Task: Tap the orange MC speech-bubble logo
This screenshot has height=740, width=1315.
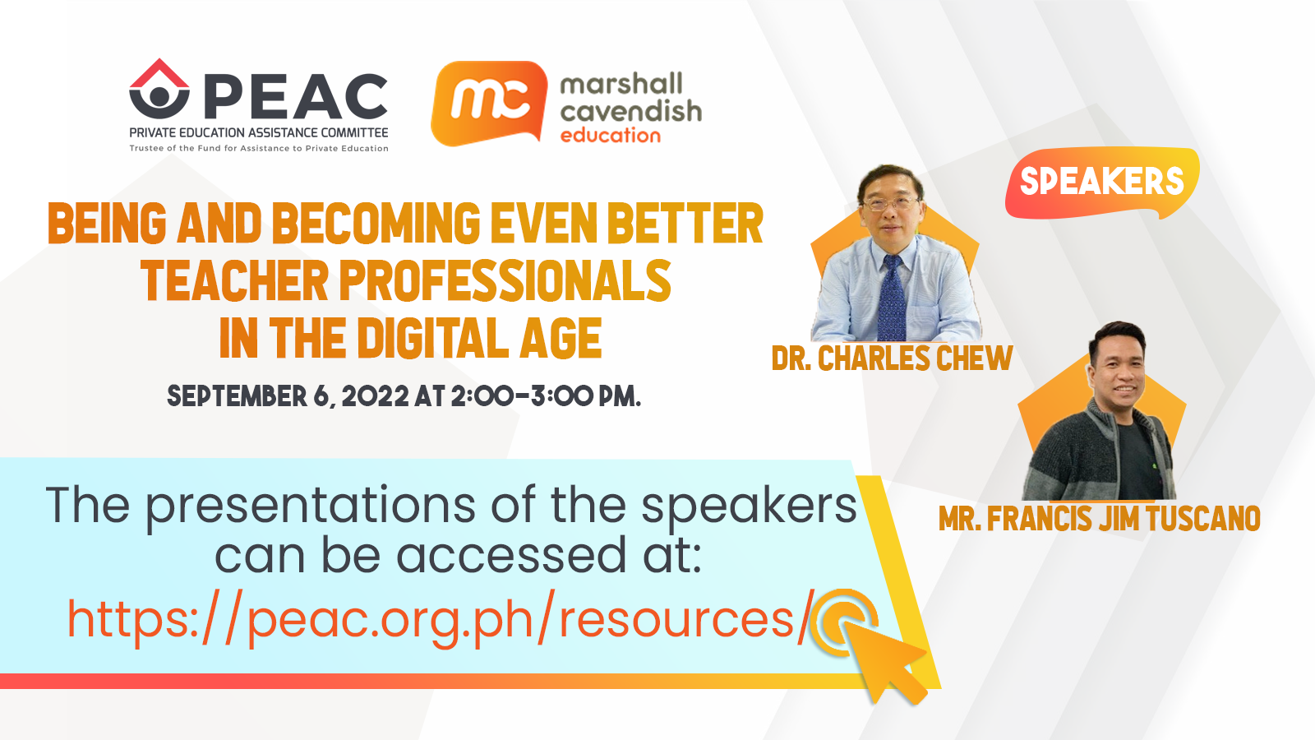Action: pyautogui.click(x=489, y=104)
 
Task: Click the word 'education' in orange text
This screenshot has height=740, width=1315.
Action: pyautogui.click(x=611, y=136)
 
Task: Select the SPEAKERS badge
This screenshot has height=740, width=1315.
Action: pyautogui.click(x=1102, y=182)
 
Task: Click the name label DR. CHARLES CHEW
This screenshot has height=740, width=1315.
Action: pyautogui.click(x=892, y=358)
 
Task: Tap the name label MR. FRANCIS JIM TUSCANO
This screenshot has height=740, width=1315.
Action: pyautogui.click(x=1099, y=519)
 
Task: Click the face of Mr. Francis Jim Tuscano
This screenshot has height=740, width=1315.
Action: pyautogui.click(x=1119, y=371)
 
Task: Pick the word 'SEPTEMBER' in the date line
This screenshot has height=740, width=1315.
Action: pyautogui.click(x=238, y=395)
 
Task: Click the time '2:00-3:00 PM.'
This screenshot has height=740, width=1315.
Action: pyautogui.click(x=546, y=395)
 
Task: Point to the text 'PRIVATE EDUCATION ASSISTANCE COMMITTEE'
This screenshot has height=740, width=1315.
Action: pyautogui.click(x=259, y=132)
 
